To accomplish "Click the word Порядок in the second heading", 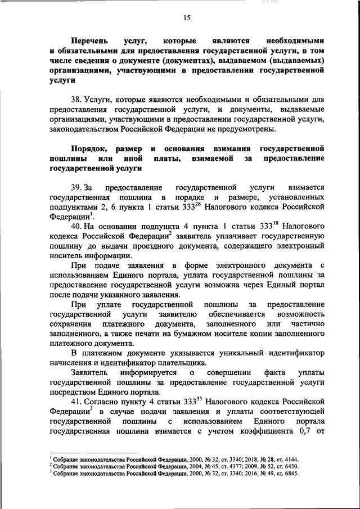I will pyautogui.click(x=89, y=148).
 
